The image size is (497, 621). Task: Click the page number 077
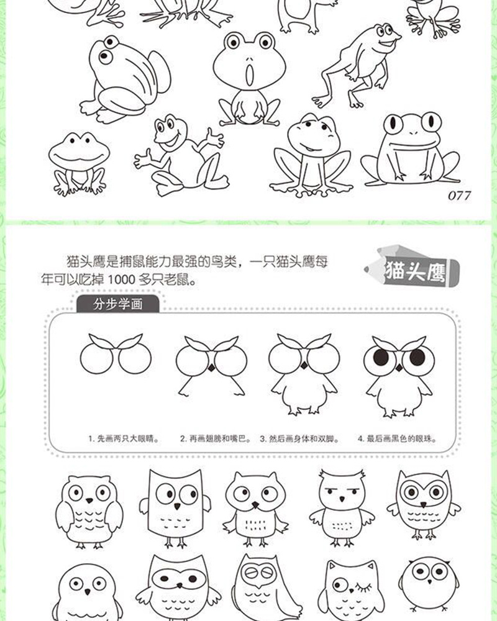click(x=459, y=196)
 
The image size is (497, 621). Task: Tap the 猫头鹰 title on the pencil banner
click(x=412, y=271)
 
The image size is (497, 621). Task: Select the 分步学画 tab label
click(x=117, y=306)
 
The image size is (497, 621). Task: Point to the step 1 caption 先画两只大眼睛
click(x=121, y=438)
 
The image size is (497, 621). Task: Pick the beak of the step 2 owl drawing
click(x=211, y=368)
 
